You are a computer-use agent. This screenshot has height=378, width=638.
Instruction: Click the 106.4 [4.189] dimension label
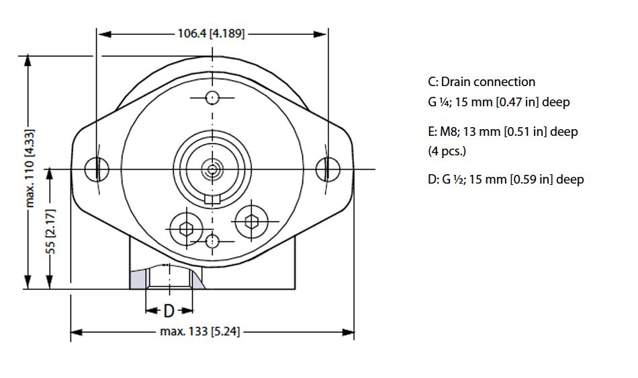click(211, 34)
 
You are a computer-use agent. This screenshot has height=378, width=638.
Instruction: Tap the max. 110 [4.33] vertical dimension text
click(30, 168)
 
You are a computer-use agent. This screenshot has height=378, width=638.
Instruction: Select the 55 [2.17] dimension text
click(51, 231)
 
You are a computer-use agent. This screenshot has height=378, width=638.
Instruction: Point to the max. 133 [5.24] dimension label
click(199, 332)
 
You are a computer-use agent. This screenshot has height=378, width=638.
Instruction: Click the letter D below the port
click(169, 311)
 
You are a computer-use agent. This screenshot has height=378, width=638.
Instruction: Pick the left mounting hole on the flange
click(97, 169)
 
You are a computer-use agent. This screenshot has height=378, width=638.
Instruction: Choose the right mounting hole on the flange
click(328, 169)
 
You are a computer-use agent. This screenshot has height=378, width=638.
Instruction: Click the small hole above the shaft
click(212, 98)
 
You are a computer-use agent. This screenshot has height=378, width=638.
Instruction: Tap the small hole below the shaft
click(212, 241)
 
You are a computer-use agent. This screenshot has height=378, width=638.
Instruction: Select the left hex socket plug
click(186, 229)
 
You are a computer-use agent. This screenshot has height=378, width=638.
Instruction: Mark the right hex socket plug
click(252, 222)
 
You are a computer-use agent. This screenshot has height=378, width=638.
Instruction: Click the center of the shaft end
click(212, 169)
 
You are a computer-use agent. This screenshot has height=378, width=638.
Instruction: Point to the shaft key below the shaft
click(212, 199)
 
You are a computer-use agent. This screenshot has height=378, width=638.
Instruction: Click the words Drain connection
click(488, 82)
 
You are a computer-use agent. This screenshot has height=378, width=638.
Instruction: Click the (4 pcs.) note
click(447, 151)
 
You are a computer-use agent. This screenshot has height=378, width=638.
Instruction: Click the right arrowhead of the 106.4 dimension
click(320, 34)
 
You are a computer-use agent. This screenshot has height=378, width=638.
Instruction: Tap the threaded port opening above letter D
click(169, 277)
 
